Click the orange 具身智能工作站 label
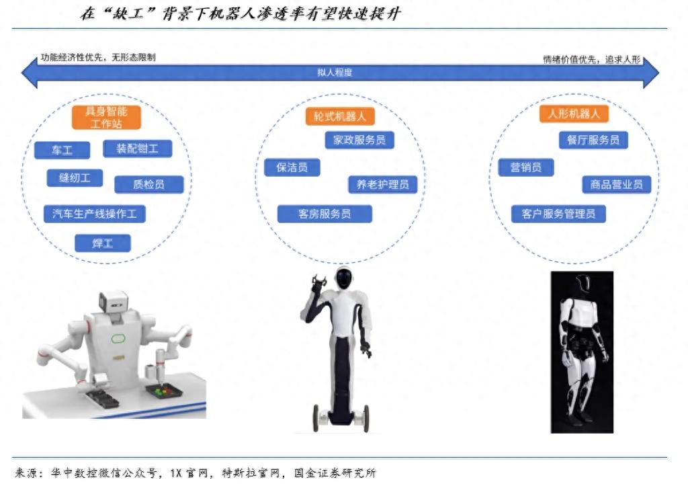pyautogui.click(x=106, y=117)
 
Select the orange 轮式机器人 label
pyautogui.click(x=340, y=116)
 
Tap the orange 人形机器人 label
pyautogui.click(x=574, y=114)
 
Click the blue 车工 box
pyautogui.click(x=62, y=150)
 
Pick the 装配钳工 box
pyautogui.click(x=137, y=149)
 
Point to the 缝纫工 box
pyautogui.click(x=75, y=178)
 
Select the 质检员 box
pyautogui.click(x=148, y=184)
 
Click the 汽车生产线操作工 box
pyautogui.click(x=94, y=214)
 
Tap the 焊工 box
pyautogui.click(x=103, y=243)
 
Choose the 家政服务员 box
pyautogui.click(x=359, y=140)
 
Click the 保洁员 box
pyautogui.click(x=292, y=167)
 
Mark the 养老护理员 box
pyautogui.click(x=382, y=184)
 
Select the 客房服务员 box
pyautogui.click(x=325, y=214)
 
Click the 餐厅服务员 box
pyautogui.click(x=593, y=140)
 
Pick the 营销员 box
pyautogui.click(x=525, y=167)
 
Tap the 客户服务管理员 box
pyautogui.click(x=558, y=214)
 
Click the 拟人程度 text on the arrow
pyautogui.click(x=335, y=73)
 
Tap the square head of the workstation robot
pyautogui.click(x=113, y=301)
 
